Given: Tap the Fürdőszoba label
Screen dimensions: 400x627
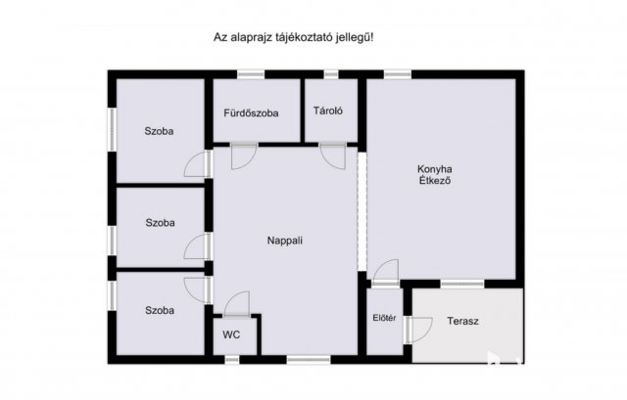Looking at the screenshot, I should pos(251,112).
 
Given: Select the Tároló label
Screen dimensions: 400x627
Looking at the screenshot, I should pos(327,111).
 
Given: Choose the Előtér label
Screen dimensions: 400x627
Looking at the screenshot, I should pos(384,317).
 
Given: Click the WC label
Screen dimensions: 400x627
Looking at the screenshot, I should pos(231,333).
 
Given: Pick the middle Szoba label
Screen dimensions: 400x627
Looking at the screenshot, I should pos(160,223).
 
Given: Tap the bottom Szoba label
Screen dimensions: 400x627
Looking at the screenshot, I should pos(160,310).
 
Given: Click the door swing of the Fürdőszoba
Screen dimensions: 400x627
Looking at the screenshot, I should pos(243,156).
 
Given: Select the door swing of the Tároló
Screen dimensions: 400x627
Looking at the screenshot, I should pos(332,156).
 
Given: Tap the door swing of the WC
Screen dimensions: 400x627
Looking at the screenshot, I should pos(236,304).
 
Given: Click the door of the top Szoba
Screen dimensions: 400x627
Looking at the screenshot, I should pos(199,164).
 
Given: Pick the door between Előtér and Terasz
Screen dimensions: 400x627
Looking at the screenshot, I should pos(416,330).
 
